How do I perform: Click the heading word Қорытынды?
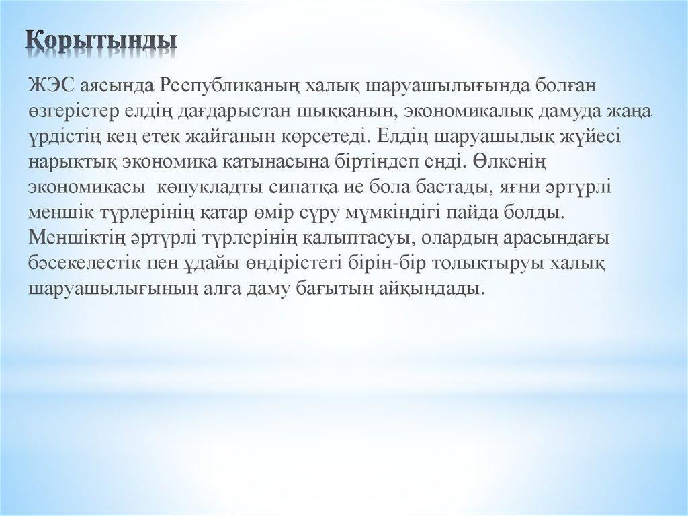click(x=101, y=39)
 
